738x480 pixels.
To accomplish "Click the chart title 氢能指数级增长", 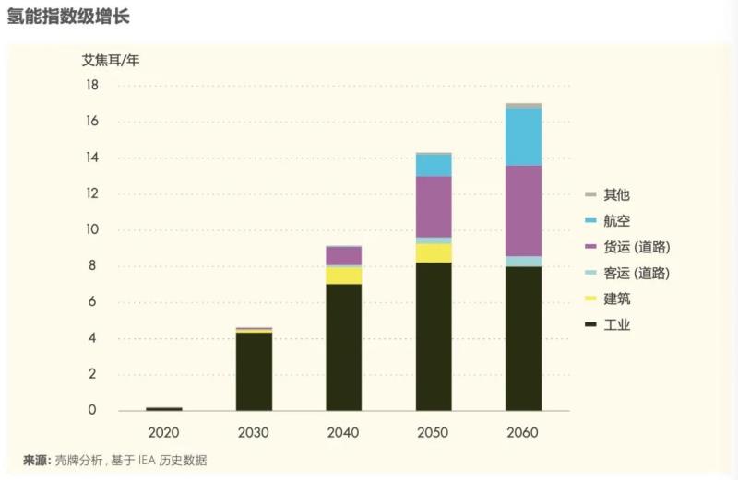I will click(x=58, y=16).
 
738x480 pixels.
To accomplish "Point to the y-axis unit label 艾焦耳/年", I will click(x=111, y=61).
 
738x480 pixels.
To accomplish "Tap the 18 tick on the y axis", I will click(x=91, y=85).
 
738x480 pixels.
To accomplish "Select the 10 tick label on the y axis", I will click(x=91, y=229).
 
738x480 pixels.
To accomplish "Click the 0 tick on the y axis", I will click(x=92, y=410).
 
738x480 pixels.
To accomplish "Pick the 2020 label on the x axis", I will click(x=163, y=432).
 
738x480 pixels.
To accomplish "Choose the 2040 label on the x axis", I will click(x=343, y=432).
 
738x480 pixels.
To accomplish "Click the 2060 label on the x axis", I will click(x=523, y=432).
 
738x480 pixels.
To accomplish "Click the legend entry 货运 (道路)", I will click(x=637, y=247).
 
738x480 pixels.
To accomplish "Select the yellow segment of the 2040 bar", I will click(x=343, y=275).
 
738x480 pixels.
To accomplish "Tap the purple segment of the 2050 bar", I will click(x=434, y=206).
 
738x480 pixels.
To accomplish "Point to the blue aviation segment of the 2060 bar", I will click(x=523, y=136).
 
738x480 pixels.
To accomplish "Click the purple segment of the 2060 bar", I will click(x=523, y=210).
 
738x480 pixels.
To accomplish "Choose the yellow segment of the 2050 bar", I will click(x=434, y=252).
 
